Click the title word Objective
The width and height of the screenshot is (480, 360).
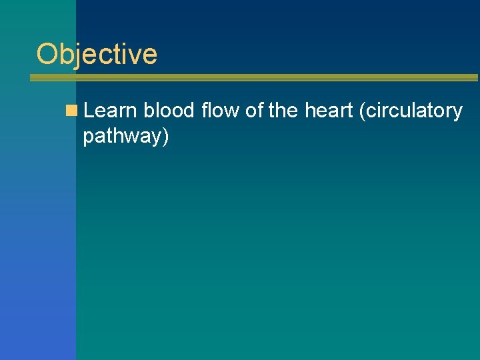tap(97, 54)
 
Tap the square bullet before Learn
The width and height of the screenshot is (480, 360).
tap(71, 111)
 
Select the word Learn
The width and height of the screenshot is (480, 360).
tap(111, 111)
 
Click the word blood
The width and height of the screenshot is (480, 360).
tap(169, 111)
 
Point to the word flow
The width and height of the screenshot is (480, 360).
tap(221, 111)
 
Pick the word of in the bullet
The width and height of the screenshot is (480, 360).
tap(255, 111)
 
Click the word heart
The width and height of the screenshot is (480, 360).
tap(329, 111)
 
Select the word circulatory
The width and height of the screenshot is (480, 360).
tap(413, 111)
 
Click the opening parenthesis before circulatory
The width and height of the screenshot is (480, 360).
tap(362, 111)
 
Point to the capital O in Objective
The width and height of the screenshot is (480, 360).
tap(47, 54)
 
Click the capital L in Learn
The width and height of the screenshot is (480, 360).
tap(89, 111)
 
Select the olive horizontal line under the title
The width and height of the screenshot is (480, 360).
tap(253, 78)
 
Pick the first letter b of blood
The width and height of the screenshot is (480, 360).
tap(148, 111)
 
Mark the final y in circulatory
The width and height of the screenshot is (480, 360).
tap(457, 113)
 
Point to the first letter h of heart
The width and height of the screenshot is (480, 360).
tap(309, 111)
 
